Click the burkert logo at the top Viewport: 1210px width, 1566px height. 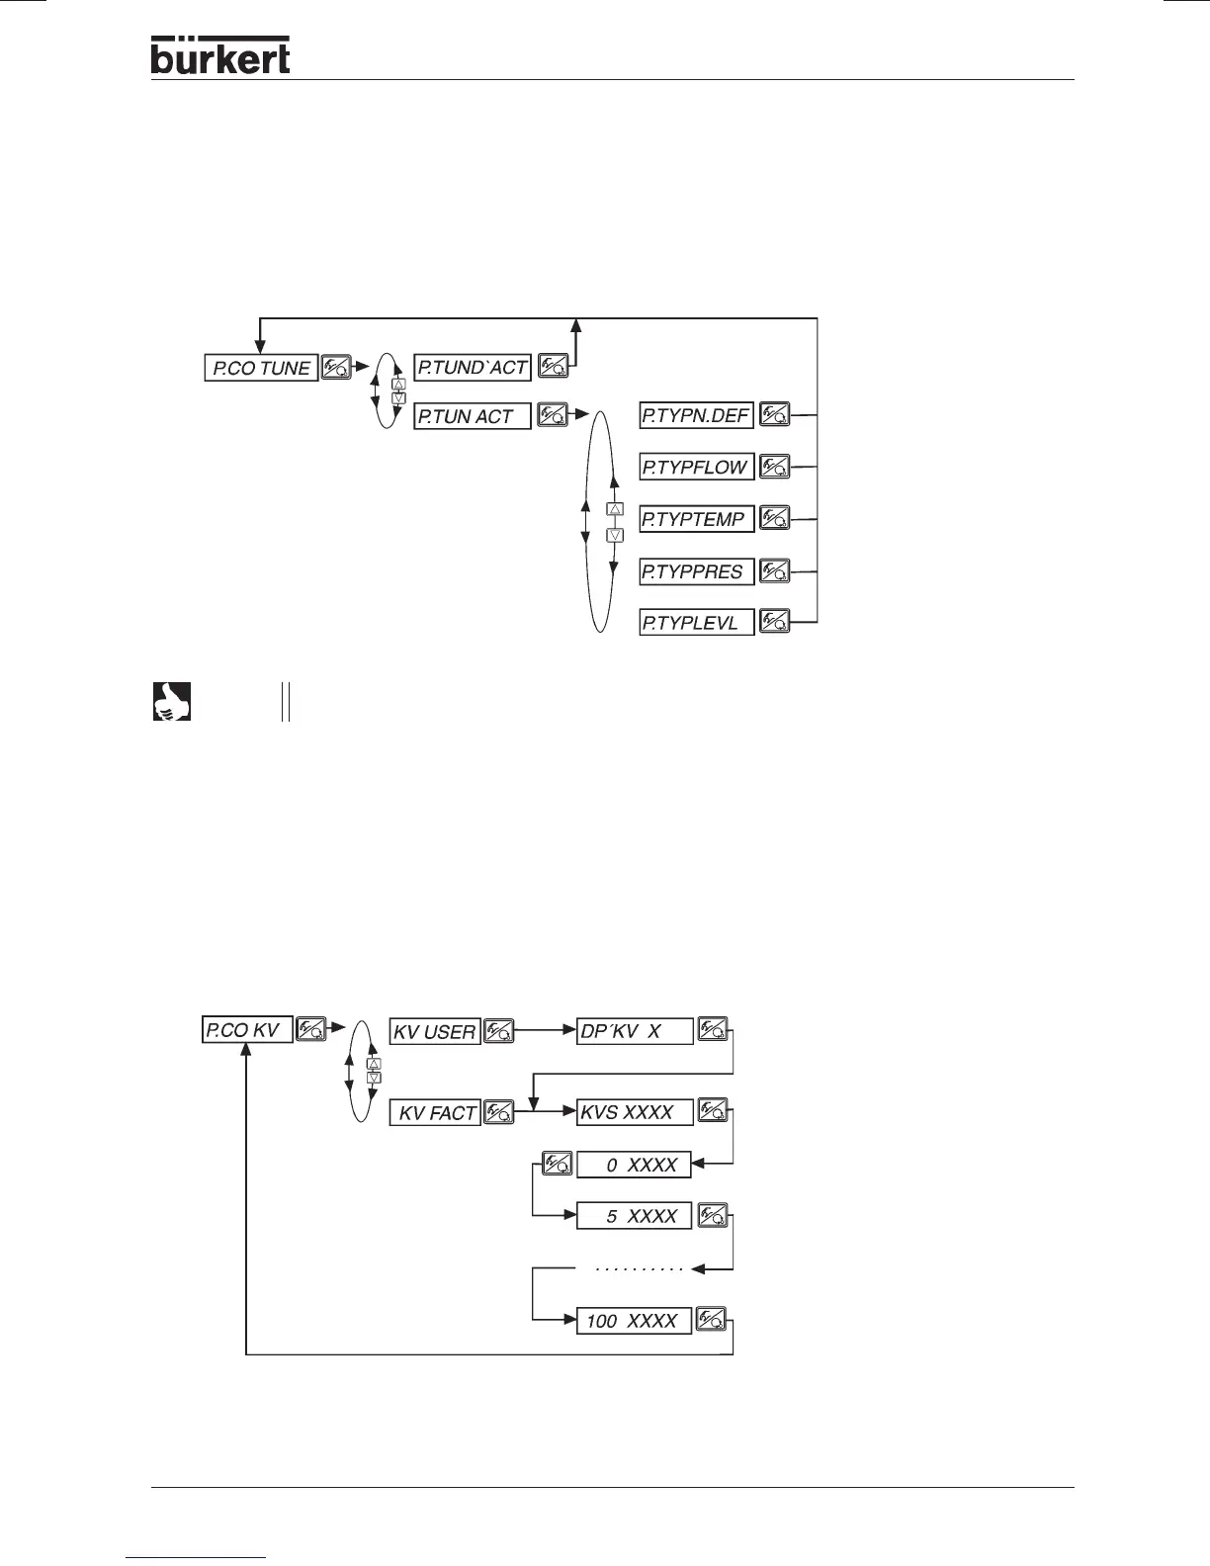pyautogui.click(x=220, y=55)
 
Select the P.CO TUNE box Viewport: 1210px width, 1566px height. pyautogui.click(x=261, y=368)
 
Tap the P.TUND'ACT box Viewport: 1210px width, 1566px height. pyautogui.click(x=473, y=367)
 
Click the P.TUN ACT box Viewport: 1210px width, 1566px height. pyautogui.click(x=473, y=416)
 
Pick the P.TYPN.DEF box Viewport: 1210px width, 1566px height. pyautogui.click(x=696, y=415)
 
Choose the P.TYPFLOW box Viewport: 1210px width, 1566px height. pyautogui.click(x=696, y=467)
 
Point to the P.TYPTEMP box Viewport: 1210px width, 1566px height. pyautogui.click(x=696, y=519)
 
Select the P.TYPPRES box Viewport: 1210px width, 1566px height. pyautogui.click(x=696, y=571)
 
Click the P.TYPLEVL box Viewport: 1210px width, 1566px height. pyautogui.click(x=696, y=623)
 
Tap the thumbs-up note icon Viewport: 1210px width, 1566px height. pyautogui.click(x=171, y=701)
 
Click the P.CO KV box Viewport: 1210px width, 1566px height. pyautogui.click(x=247, y=1029)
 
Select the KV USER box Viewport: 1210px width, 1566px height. pyautogui.click(x=435, y=1032)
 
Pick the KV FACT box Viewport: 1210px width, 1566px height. pyautogui.click(x=435, y=1113)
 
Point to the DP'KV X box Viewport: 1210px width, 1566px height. pyautogui.click(x=635, y=1031)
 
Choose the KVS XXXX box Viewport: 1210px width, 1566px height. pyautogui.click(x=635, y=1112)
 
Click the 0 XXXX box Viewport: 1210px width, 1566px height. pyautogui.click(x=635, y=1165)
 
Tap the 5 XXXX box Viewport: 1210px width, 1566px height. pyautogui.click(x=635, y=1216)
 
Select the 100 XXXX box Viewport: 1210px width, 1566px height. pyautogui.click(x=635, y=1321)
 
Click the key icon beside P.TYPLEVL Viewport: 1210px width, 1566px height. pyautogui.click(x=775, y=623)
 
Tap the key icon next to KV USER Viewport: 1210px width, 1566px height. pyautogui.click(x=499, y=1032)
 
